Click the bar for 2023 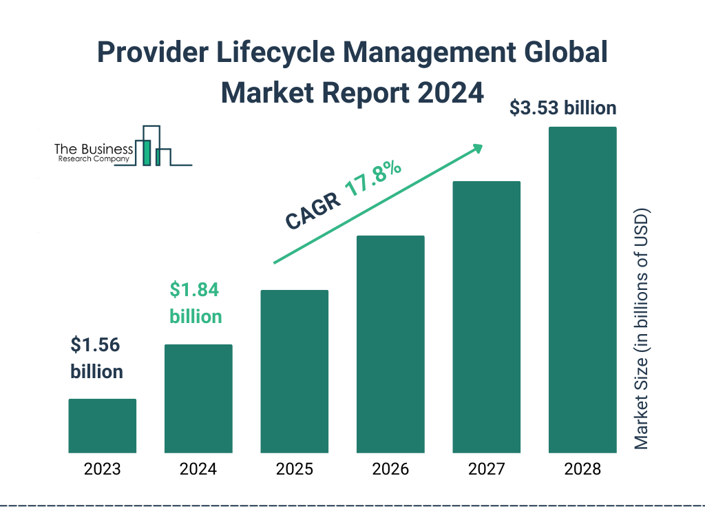[x=102, y=426]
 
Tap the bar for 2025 [x=294, y=371]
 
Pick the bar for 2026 [x=390, y=344]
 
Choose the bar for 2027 [x=486, y=317]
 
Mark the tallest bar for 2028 [x=582, y=289]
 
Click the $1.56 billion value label [x=96, y=358]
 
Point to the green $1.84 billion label [x=196, y=303]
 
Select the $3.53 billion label [x=562, y=108]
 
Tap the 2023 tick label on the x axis [x=102, y=470]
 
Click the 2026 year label [x=390, y=470]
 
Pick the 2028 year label [x=582, y=470]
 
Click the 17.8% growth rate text [x=372, y=181]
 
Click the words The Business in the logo [x=94, y=149]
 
